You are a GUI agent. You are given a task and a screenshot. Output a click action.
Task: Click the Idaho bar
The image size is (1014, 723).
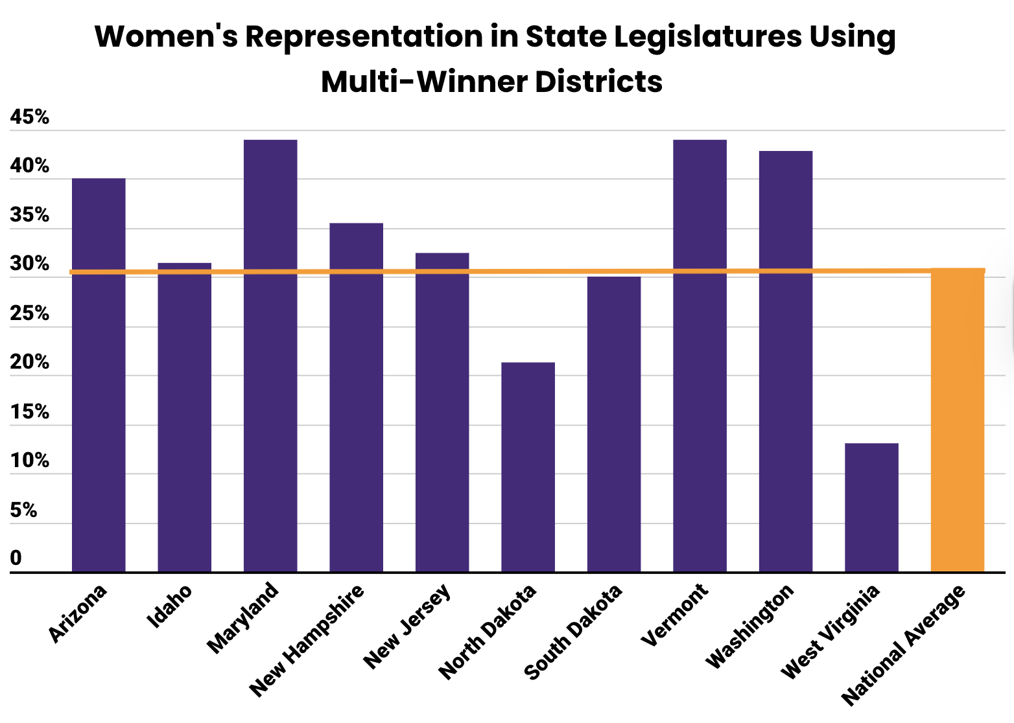pyautogui.click(x=184, y=417)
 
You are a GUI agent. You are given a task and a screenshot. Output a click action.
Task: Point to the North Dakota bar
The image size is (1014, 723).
pyautogui.click(x=528, y=466)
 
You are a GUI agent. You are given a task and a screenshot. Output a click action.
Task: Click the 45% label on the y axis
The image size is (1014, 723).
pyautogui.click(x=29, y=117)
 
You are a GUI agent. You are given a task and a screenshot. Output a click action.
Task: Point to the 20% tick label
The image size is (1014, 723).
pyautogui.click(x=29, y=362)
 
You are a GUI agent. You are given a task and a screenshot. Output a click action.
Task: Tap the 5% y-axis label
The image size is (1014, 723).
pyautogui.click(x=23, y=511)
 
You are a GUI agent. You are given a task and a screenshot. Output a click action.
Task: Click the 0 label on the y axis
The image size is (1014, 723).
pyautogui.click(x=16, y=558)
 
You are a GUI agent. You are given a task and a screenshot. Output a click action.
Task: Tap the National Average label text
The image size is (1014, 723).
pyautogui.click(x=903, y=645)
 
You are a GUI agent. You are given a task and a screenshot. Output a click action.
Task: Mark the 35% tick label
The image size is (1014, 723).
pyautogui.click(x=29, y=215)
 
